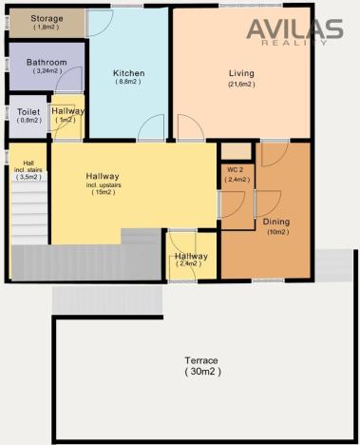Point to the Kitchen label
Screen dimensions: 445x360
tap(129, 73)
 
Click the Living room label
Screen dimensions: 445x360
tap(242, 73)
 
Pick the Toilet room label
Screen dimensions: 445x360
tap(28, 111)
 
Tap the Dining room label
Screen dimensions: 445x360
tap(276, 222)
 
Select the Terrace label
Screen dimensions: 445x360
tap(201, 361)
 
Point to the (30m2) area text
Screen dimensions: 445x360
tap(201, 372)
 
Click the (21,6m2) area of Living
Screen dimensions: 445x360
tap(242, 84)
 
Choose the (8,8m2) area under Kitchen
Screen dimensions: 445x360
tap(129, 83)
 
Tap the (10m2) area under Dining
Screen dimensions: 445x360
tap(276, 232)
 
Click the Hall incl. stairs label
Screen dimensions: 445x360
tap(28, 169)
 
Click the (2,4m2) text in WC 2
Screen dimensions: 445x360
tap(237, 179)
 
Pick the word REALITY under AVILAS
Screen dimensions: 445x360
tap(306, 42)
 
